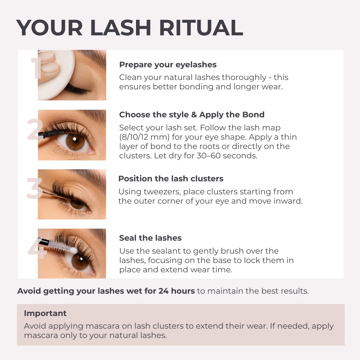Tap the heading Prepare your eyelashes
point(168,65)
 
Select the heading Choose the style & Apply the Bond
point(192,115)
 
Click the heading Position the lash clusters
point(171,179)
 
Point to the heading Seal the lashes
point(150,238)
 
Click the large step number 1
point(36,68)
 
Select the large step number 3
point(34,189)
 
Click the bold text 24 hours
point(176,291)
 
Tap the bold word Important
point(45,313)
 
